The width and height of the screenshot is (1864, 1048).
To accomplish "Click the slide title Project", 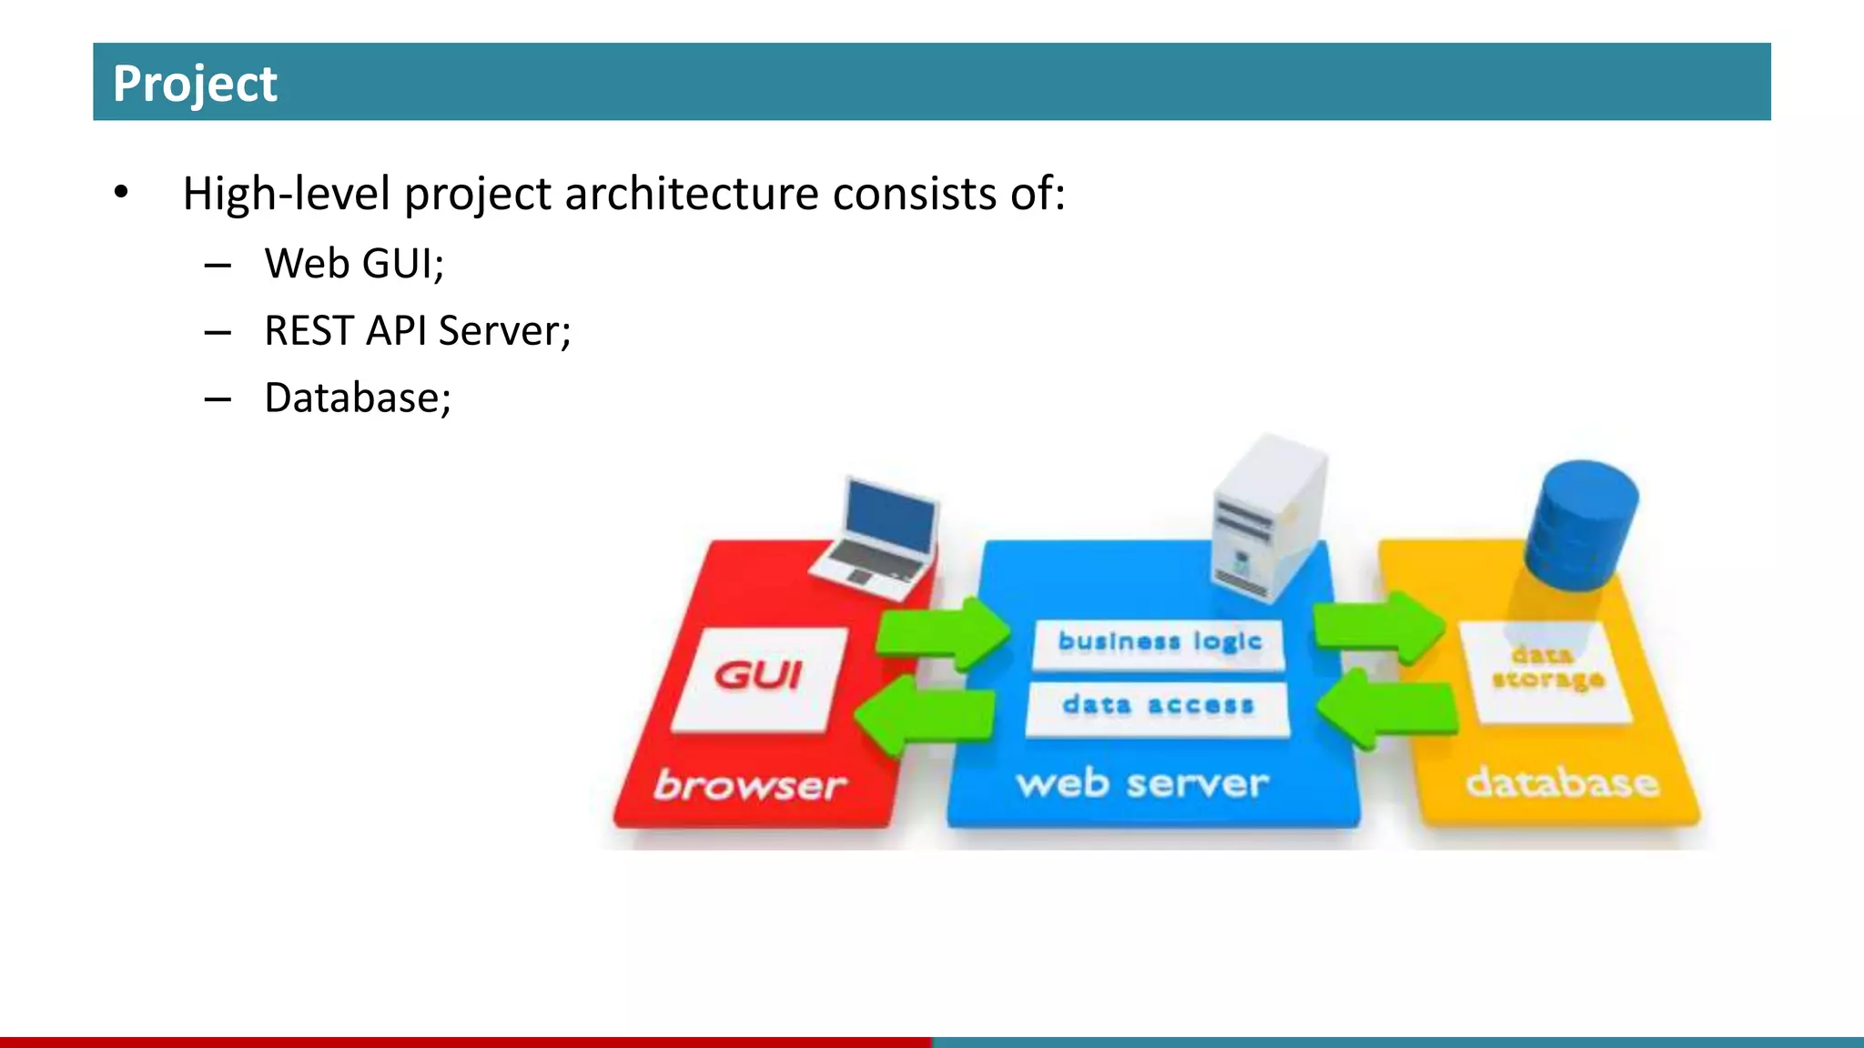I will (194, 84).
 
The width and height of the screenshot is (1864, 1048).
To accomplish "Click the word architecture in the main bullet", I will (692, 194).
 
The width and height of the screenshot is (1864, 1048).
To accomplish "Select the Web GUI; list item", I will (354, 264).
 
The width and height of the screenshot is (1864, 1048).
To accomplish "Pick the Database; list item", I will (358, 398).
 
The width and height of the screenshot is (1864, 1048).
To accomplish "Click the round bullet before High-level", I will (121, 193).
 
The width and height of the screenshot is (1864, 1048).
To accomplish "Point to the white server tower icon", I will (1269, 519).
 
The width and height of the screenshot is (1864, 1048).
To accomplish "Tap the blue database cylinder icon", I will (1581, 525).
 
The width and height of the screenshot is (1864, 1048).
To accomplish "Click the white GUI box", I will (758, 678).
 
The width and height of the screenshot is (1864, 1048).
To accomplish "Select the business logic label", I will (1159, 642).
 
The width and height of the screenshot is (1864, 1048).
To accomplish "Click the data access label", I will (1158, 706).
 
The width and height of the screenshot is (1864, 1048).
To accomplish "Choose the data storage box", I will (1546, 670).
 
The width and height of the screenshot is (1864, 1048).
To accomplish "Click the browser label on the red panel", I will (749, 785).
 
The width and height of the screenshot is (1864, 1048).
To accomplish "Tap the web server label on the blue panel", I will (1142, 783).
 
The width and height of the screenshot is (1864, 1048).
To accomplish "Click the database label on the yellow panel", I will (1562, 782).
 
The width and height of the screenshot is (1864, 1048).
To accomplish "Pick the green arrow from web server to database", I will (1380, 626).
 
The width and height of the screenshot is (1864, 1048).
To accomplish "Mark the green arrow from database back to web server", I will (1387, 709).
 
